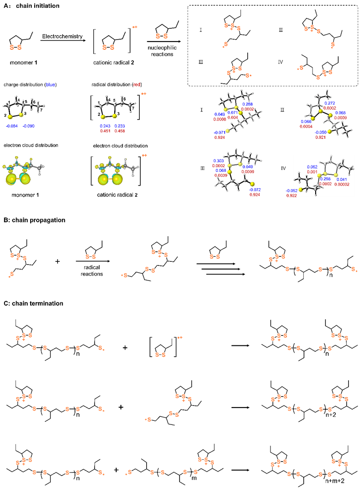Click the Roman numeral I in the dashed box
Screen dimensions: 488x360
[x=201, y=30]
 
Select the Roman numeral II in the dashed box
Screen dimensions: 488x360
[x=281, y=30]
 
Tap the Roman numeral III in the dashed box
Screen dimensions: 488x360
[x=201, y=62]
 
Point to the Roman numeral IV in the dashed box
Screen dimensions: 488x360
[x=281, y=62]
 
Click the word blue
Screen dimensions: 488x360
[x=50, y=85]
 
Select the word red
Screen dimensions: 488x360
[x=137, y=85]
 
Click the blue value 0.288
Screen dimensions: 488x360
[x=247, y=104]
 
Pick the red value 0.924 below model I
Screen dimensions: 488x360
[x=219, y=137]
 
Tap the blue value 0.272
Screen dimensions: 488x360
[x=329, y=103]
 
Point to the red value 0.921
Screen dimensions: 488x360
[x=321, y=137]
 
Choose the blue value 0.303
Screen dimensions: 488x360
[x=219, y=161]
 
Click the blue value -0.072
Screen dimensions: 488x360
[x=255, y=190]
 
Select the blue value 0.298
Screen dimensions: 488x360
[x=325, y=179]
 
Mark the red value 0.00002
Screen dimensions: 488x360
[x=342, y=184]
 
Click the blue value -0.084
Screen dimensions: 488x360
[x=12, y=126]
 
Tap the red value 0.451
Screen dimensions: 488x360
[x=105, y=131]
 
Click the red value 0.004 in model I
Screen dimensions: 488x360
[x=233, y=117]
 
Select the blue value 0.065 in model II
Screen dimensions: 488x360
[x=340, y=113]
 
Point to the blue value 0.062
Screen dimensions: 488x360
[x=312, y=167]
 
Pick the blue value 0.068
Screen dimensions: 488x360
[x=221, y=170]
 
